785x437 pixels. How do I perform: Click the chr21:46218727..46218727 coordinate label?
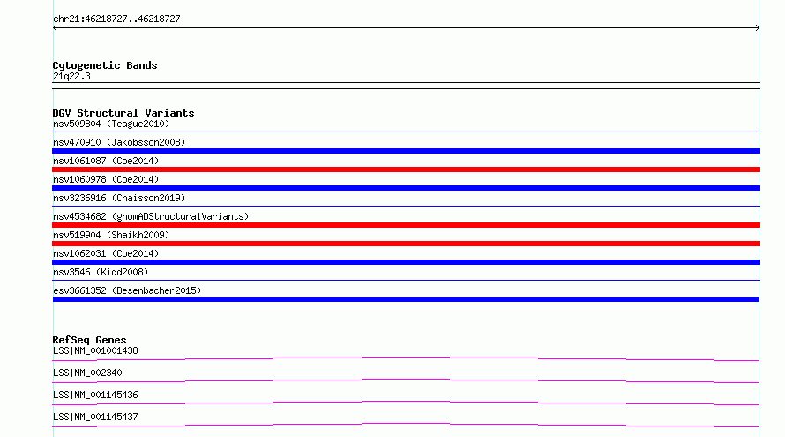pyautogui.click(x=116, y=19)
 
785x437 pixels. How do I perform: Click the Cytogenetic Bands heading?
pyautogui.click(x=105, y=65)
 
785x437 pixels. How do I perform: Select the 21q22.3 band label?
pyautogui.click(x=71, y=76)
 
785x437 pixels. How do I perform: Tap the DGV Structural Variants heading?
pyautogui.click(x=123, y=113)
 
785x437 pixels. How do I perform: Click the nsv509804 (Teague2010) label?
pyautogui.click(x=111, y=124)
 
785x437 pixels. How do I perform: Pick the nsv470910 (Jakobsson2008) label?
pyautogui.click(x=119, y=142)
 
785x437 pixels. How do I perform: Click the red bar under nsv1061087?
pyautogui.click(x=406, y=170)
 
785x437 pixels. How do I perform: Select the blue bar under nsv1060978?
pyautogui.click(x=406, y=188)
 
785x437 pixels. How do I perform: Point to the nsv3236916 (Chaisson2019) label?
pyautogui.click(x=119, y=198)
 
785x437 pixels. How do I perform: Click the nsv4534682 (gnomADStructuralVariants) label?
pyautogui.click(x=151, y=216)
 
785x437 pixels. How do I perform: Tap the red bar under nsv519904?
pyautogui.click(x=406, y=244)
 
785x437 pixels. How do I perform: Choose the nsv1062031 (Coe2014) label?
pyautogui.click(x=106, y=253)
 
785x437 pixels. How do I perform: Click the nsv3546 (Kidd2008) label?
pyautogui.click(x=101, y=272)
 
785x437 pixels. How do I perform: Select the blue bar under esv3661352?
pyautogui.click(x=406, y=299)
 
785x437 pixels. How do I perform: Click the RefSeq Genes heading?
pyautogui.click(x=89, y=340)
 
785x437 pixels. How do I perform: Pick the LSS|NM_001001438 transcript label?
pyautogui.click(x=95, y=350)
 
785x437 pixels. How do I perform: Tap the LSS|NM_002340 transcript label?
pyautogui.click(x=87, y=373)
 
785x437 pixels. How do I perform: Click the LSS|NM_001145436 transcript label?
pyautogui.click(x=95, y=395)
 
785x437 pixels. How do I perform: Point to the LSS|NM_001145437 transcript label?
pyautogui.click(x=95, y=417)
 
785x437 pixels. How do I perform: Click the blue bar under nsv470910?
pyautogui.click(x=406, y=151)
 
